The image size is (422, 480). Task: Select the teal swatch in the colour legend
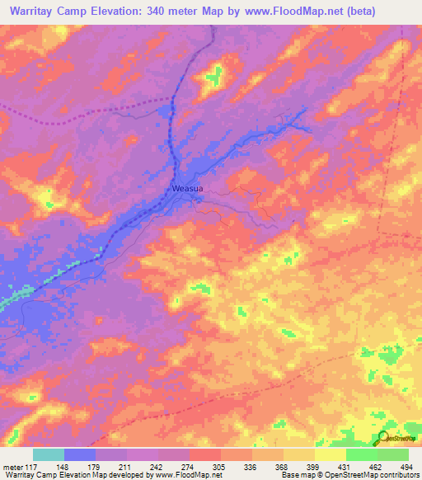pyautogui.click(x=49, y=454)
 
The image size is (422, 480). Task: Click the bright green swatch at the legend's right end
pyautogui.click(x=393, y=454)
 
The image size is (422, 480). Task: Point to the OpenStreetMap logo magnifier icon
pyautogui.click(x=383, y=438)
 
